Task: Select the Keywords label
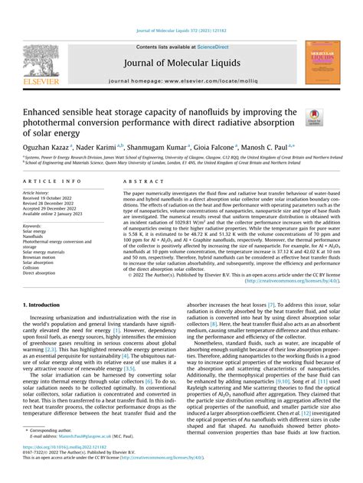tap(32, 227)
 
